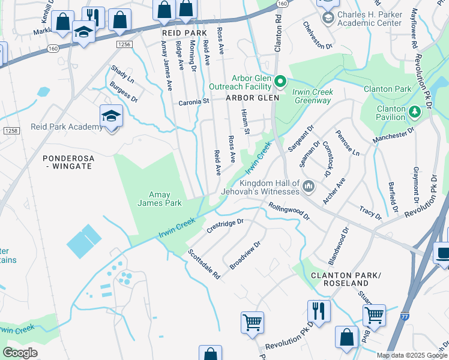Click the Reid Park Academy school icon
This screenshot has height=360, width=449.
coord(111,115)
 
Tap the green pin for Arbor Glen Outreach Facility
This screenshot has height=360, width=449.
coord(280,81)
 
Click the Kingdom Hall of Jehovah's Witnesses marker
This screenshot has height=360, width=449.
coord(308,186)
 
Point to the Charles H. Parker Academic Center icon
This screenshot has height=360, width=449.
coord(328,18)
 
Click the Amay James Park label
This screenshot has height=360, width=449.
coord(164,199)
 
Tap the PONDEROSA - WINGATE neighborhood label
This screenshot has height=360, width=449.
coord(67,162)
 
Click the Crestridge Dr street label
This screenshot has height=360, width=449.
coord(224,225)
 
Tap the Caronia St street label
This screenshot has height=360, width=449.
coord(193,102)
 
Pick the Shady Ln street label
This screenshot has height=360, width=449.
coord(122,74)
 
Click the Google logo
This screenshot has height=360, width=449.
coord(20,353)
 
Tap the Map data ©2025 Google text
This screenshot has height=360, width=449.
coord(411,355)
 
